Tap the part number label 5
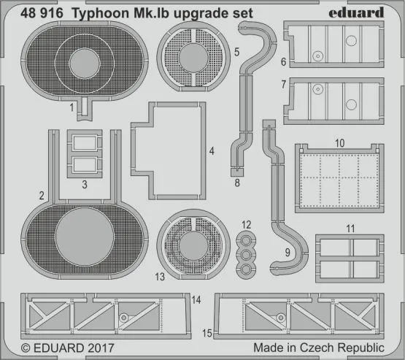236,54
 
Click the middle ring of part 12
247,253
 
